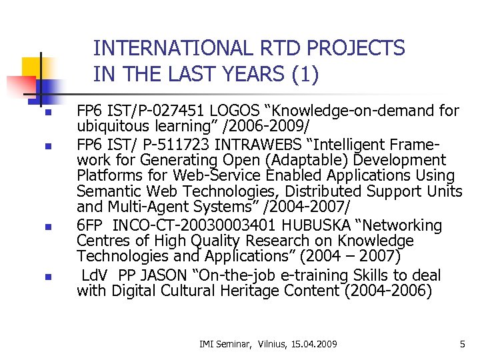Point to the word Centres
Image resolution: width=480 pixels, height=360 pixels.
click(102, 241)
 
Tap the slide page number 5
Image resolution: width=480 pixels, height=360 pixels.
click(462, 344)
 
